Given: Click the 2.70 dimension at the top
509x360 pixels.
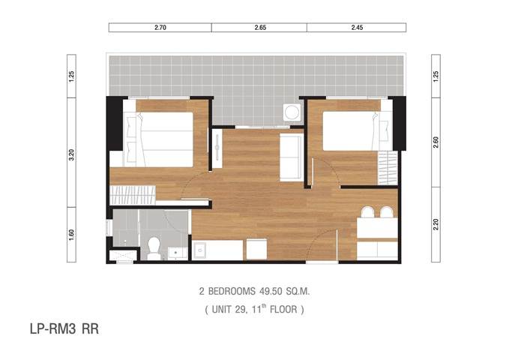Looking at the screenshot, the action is coord(160,28).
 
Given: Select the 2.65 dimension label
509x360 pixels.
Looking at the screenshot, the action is coord(260,28).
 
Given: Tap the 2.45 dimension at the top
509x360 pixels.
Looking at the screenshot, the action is coord(357,28).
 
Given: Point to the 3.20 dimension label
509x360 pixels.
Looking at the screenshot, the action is coord(72,154).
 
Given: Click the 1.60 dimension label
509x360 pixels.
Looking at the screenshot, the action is coord(72,235).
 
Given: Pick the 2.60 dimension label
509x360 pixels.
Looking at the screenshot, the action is coord(436,142).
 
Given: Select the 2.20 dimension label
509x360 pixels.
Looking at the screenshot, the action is coord(436,224).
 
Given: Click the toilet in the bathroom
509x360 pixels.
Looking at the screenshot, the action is coord(154,248).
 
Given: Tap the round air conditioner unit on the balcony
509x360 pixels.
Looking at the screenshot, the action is coord(292,112).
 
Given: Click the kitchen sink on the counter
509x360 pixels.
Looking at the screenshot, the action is coord(199,250).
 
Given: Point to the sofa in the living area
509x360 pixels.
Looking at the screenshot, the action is coord(292,157).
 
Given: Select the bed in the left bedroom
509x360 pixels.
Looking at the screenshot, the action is coord(158,139).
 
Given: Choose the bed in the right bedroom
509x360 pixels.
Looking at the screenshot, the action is coord(358,131).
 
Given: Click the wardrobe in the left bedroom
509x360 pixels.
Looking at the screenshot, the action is coord(133,195).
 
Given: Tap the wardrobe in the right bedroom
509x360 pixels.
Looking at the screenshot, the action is coord(388,168).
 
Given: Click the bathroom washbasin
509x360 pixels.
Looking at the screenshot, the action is coord(177,253).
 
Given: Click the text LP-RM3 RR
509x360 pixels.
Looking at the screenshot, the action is coord(64,329).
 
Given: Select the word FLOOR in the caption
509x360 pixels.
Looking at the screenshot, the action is coord(283,309).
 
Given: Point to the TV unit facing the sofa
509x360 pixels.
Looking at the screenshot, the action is coord(217,148).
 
